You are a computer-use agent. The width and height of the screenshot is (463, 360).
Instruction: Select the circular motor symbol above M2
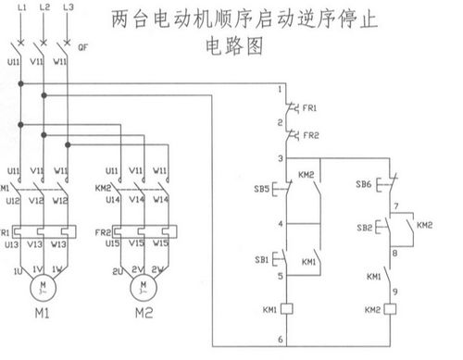point(143,285)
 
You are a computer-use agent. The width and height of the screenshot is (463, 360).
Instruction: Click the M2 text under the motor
point(143,312)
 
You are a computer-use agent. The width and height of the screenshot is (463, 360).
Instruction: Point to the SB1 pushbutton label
point(263,258)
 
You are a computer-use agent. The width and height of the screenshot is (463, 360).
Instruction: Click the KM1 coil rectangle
point(288,308)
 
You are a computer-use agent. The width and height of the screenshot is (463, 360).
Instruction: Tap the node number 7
point(395,205)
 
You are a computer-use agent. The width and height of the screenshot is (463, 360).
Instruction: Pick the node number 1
point(281,89)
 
